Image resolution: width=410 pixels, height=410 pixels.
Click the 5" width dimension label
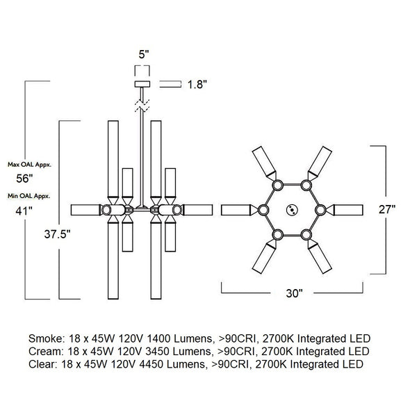(x=144, y=54)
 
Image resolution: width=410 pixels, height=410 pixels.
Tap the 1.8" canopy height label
(x=197, y=85)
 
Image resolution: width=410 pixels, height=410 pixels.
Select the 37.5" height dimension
(x=57, y=234)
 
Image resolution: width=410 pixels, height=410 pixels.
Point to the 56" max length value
(x=24, y=179)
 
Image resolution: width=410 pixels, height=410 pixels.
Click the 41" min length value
(x=24, y=211)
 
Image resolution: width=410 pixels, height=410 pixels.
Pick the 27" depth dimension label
(x=387, y=209)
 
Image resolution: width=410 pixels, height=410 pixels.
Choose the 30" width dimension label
(x=294, y=293)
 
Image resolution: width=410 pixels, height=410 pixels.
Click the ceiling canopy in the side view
(x=142, y=84)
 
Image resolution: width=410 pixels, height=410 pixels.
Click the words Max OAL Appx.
(x=30, y=165)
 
